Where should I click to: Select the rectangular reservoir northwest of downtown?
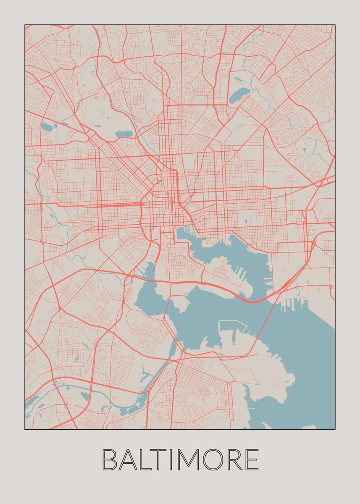(124, 134)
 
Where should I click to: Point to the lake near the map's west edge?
(46, 126)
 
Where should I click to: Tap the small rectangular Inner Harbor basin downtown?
(181, 233)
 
